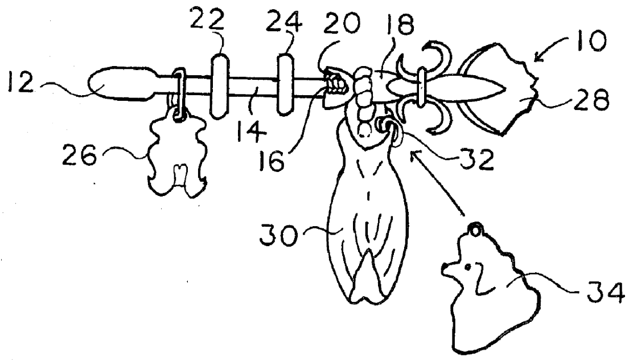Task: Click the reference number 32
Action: point(476,159)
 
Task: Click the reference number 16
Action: point(271,160)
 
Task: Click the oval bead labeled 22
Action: point(219,86)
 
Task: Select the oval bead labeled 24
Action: point(285,84)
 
